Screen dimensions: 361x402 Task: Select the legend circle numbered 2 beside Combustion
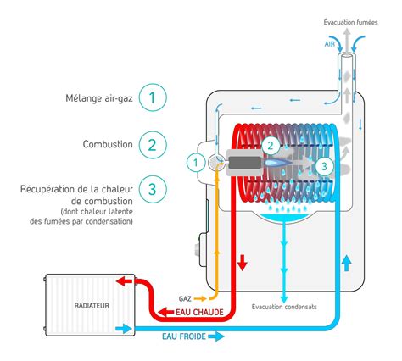152,144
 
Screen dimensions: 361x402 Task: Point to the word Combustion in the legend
109,144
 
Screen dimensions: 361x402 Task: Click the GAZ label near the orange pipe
186,298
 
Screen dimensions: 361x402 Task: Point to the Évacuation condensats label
284,306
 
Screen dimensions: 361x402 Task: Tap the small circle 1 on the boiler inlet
193,161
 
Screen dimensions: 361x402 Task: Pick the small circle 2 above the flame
269,145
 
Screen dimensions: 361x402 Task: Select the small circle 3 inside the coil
323,167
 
